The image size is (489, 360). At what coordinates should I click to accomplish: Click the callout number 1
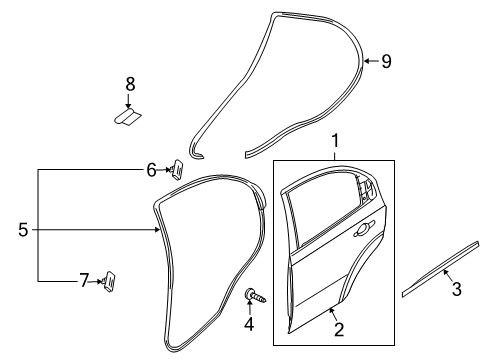(337, 142)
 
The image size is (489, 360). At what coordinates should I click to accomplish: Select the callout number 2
(339, 329)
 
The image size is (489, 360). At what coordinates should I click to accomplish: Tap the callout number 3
(457, 289)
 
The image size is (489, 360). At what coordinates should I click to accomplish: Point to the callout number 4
(250, 325)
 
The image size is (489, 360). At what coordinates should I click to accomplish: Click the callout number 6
(151, 170)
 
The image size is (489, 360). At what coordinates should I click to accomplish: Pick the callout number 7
(84, 281)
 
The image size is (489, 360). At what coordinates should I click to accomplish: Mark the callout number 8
(128, 86)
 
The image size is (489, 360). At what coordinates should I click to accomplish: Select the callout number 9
(386, 62)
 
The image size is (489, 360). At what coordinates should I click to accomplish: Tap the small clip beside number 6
(177, 168)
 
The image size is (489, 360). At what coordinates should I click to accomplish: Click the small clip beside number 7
(108, 280)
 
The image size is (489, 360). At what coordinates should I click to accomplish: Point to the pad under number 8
(127, 118)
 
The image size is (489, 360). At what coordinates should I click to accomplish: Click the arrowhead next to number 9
(366, 62)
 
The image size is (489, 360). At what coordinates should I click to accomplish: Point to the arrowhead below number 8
(128, 105)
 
